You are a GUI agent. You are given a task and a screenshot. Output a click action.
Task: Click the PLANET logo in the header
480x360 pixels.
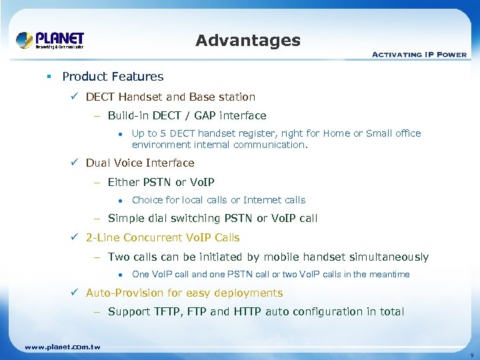[x=50, y=40]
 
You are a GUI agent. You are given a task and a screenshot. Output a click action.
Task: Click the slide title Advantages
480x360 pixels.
[x=248, y=41]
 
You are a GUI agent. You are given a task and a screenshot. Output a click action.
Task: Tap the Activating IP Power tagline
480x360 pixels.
[x=419, y=55]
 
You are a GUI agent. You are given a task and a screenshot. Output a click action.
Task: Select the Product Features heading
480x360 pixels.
[x=113, y=77]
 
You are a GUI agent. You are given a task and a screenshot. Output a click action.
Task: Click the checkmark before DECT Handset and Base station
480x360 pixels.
[x=76, y=97]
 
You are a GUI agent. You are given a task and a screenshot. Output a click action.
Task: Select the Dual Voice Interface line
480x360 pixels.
[x=140, y=163]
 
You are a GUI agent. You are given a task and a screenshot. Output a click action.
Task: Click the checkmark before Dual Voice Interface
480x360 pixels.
[x=76, y=163]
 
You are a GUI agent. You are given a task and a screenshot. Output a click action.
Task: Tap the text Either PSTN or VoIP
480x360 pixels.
[x=161, y=182]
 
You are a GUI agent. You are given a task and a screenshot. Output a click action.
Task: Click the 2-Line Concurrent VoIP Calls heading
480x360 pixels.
[x=163, y=238]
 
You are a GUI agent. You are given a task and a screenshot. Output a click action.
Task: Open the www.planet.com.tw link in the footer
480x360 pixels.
[x=62, y=347]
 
